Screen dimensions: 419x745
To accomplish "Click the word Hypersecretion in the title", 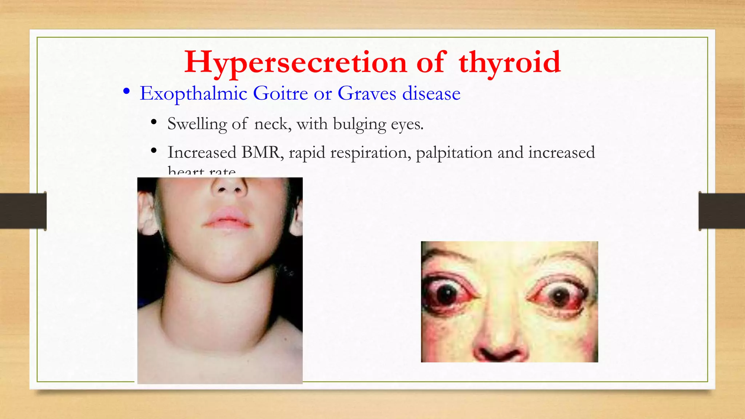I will pyautogui.click(x=295, y=63).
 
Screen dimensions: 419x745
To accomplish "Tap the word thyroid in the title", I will pyautogui.click(x=509, y=63).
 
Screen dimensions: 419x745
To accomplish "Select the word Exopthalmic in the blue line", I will pyautogui.click(x=194, y=93).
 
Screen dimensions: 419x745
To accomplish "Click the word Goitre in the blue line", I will pyautogui.click(x=280, y=93).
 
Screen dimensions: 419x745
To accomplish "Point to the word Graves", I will pyautogui.click(x=367, y=93).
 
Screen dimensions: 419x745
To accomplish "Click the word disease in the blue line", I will pyautogui.click(x=431, y=93).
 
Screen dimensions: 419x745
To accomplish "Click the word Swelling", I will pyautogui.click(x=197, y=124).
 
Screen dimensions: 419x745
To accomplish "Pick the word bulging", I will pyautogui.click(x=359, y=124).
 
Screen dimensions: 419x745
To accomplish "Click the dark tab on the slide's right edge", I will pyautogui.click(x=722, y=211).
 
